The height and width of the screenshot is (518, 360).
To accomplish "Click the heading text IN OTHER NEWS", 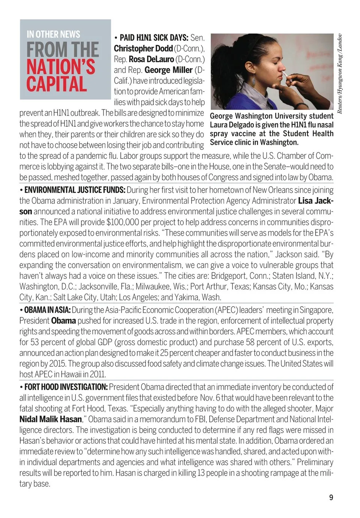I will coord(53,34).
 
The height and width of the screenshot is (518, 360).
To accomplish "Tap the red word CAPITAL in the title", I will coord(57,84).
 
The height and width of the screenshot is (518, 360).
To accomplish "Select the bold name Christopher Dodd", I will coord(143,49).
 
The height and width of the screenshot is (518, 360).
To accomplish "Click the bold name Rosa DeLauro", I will coord(151,59).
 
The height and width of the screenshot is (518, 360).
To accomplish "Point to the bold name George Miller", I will coord(168,70).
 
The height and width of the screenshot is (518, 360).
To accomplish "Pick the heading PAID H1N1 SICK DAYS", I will coord(154,38).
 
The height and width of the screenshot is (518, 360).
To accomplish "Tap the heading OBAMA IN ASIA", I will coord(47,310).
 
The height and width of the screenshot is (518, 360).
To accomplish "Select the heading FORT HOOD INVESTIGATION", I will coord(66,387).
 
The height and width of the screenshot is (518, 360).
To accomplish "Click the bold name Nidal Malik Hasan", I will coord(51,419).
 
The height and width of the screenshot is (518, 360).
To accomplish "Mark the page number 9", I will coord(331,497).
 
